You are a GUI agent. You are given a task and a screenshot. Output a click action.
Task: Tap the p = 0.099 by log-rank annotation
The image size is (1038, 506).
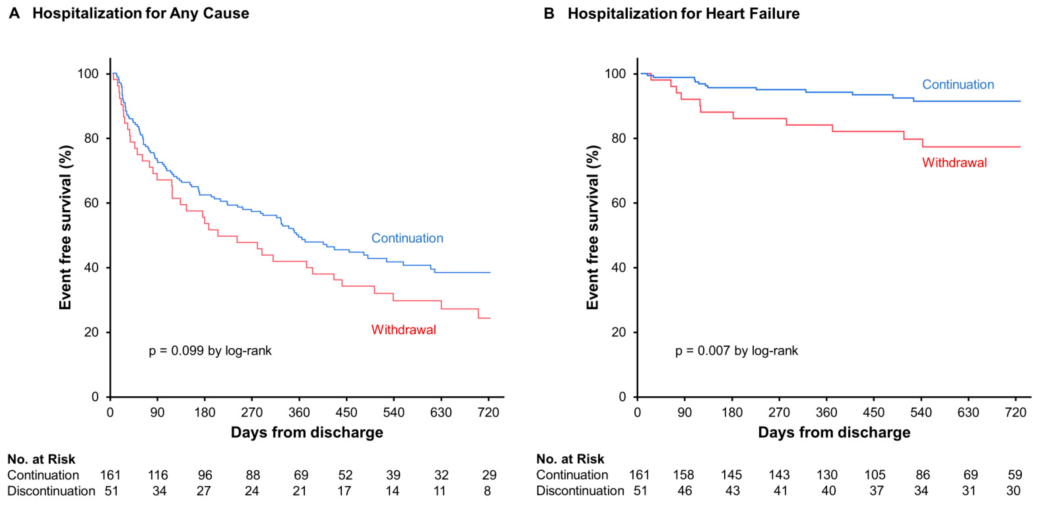coord(210,351)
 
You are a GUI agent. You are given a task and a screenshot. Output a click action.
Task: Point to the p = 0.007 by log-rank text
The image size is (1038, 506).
coord(736,351)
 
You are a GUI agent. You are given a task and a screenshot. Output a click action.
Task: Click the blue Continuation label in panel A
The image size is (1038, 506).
coord(407,238)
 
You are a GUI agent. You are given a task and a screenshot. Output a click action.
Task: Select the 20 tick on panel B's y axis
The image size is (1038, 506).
coord(619,332)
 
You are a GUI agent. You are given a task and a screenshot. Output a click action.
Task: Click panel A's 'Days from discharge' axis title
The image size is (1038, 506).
coord(307,432)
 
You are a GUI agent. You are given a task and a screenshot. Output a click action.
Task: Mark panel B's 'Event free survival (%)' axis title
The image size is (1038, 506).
coord(592,227)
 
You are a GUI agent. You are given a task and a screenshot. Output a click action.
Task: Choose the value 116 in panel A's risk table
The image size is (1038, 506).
coord(158,475)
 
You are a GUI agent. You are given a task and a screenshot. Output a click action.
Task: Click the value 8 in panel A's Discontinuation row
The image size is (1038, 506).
coord(487,491)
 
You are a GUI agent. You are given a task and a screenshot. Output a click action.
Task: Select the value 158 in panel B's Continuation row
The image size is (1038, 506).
coord(683,475)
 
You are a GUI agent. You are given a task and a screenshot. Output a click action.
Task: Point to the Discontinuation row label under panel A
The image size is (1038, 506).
coord(51,491)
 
